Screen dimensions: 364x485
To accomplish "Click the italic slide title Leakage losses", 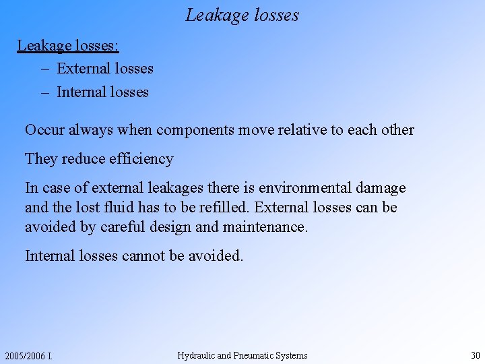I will pos(243,15).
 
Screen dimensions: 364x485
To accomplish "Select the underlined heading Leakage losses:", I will pos(68,46).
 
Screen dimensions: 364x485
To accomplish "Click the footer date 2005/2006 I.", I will pos(28,356).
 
